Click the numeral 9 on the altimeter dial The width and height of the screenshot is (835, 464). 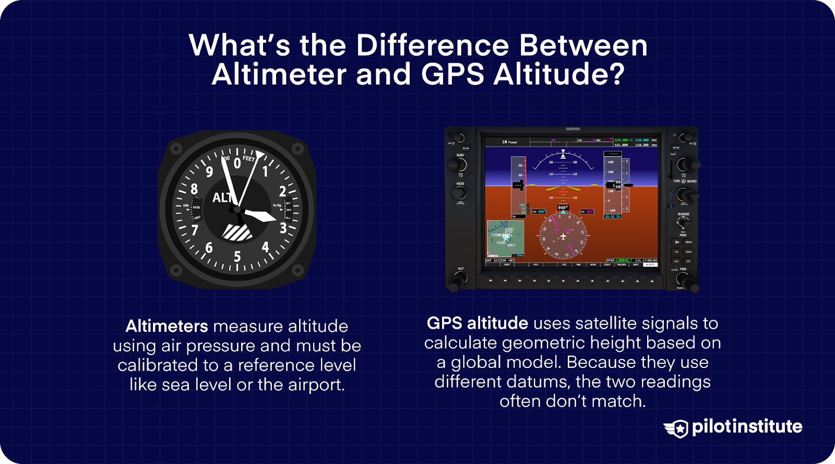pos(209,171)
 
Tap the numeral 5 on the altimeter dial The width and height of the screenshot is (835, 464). pos(237,256)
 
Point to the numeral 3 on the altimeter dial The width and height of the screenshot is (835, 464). pos(283,228)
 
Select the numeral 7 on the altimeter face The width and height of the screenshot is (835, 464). pos(195,230)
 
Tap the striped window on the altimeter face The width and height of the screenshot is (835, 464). pos(237,232)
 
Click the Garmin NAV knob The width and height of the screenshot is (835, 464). pos(459,164)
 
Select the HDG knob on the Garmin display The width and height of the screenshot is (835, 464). pos(459,193)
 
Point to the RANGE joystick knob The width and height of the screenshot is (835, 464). pos(683,223)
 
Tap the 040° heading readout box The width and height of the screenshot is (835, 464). pos(563,208)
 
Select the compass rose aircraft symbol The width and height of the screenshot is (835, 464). pos(563,237)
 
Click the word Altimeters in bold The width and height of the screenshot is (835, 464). pos(166,326)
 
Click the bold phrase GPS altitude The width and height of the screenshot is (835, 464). pos(477,323)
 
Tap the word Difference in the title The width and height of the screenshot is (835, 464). pos(433,45)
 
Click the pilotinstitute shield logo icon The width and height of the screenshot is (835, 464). pos(677,429)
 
